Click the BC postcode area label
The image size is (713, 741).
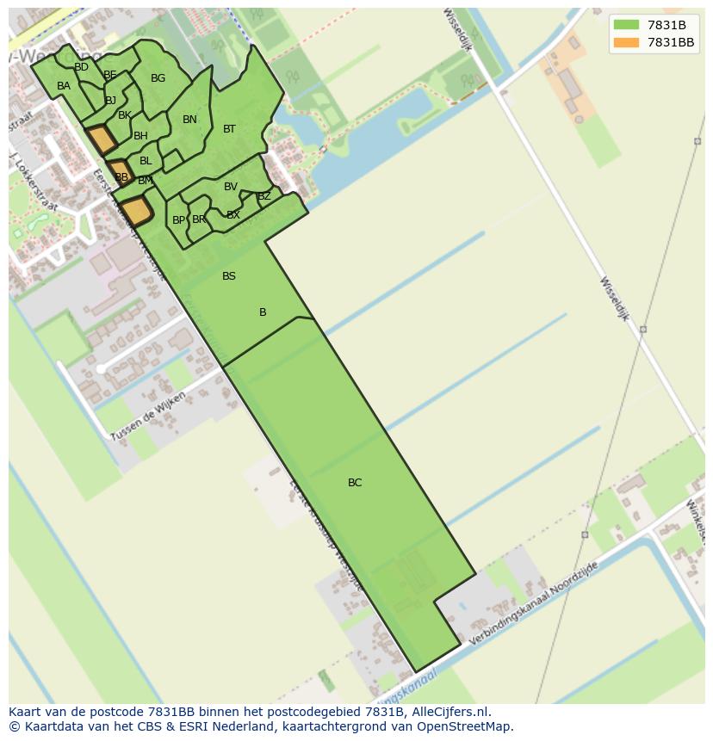(x=355, y=483)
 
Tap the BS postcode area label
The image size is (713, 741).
(x=229, y=276)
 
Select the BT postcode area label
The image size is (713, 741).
(x=229, y=129)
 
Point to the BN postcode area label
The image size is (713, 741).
(x=190, y=120)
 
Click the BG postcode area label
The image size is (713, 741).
(x=158, y=78)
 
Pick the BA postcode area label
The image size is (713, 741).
(x=64, y=86)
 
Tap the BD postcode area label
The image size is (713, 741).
(x=82, y=67)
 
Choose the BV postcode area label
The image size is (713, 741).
(x=231, y=187)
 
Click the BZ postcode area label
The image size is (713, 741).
(x=264, y=196)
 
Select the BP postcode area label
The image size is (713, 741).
(x=178, y=220)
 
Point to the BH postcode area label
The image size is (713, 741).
(x=140, y=136)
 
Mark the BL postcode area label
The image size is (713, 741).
(x=146, y=161)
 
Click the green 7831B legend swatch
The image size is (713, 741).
(x=626, y=25)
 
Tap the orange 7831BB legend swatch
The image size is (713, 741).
(x=626, y=42)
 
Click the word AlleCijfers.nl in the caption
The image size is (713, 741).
(x=447, y=712)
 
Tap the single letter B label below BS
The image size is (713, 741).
(x=263, y=312)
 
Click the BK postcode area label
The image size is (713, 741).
(x=125, y=115)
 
